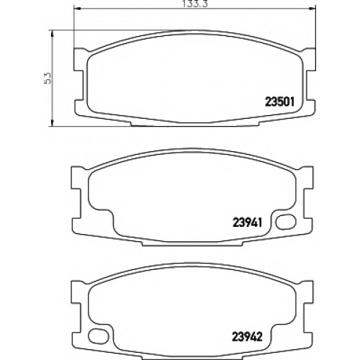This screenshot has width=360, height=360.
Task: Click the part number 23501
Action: coord(279,102)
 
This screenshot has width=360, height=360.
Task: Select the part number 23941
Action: coord(247,222)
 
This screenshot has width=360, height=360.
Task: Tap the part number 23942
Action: coord(247,336)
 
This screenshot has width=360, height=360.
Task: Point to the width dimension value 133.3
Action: coord(194,4)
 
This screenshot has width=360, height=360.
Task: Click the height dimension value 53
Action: coord(48,78)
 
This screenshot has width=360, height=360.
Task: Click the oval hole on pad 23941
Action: coord(286,222)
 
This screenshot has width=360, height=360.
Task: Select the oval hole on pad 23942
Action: coord(99,336)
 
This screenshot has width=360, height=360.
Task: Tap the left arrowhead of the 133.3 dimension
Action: coord(77,9)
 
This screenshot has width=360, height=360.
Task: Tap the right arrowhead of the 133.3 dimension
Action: coord(312,9)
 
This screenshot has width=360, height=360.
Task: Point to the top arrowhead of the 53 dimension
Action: coord(52,34)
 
